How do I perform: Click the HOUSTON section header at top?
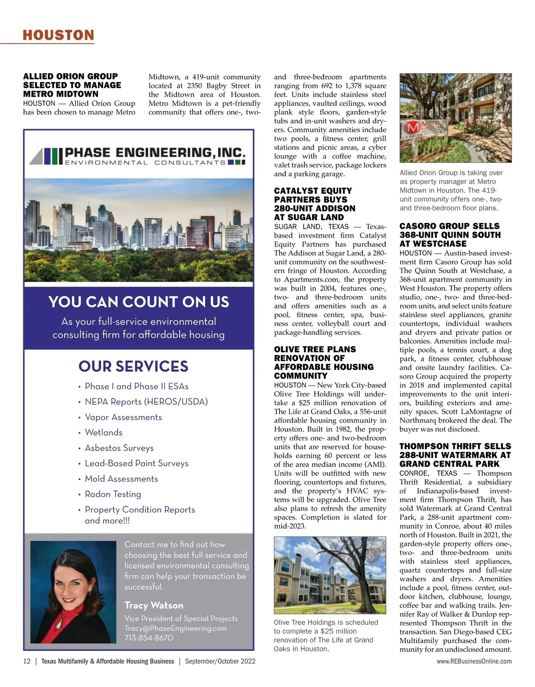[58, 35]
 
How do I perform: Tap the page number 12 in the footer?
[27, 661]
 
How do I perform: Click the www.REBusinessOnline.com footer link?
[474, 661]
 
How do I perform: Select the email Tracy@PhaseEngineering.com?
[175, 628]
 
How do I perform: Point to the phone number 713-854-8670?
[149, 638]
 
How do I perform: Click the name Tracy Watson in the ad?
[154, 605]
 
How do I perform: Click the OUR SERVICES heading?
[133, 366]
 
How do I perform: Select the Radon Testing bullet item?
[113, 494]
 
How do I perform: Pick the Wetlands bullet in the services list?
[103, 432]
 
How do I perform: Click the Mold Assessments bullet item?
[121, 479]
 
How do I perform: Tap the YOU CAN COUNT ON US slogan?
[139, 302]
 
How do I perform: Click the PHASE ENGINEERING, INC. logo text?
[155, 153]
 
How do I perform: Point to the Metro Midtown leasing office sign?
[422, 129]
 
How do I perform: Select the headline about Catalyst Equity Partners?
[314, 204]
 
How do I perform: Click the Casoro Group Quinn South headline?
[449, 235]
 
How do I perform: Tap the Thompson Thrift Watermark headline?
[455, 455]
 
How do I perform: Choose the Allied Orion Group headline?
[72, 85]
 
